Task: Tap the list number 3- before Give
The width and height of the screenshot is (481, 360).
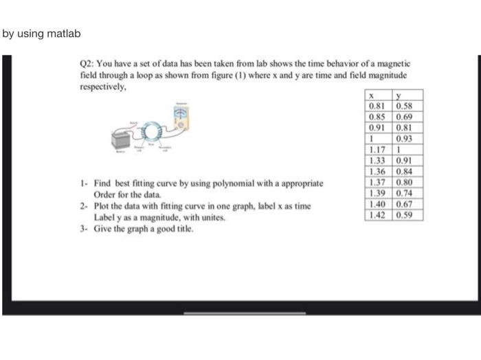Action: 82,227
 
